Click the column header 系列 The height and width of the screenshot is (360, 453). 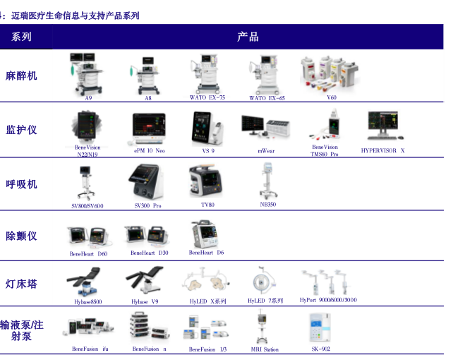click(22, 37)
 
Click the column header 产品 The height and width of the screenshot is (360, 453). click(248, 37)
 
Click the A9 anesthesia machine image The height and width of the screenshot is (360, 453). click(88, 73)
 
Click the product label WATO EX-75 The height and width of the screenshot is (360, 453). click(207, 97)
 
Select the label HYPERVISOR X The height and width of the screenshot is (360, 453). click(383, 150)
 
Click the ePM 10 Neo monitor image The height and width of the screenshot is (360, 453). click(149, 128)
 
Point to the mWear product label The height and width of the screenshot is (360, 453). click(266, 151)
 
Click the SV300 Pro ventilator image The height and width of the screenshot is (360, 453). click(147, 182)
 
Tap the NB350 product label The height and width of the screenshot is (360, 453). click(268, 204)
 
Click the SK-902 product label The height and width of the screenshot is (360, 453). click(321, 349)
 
